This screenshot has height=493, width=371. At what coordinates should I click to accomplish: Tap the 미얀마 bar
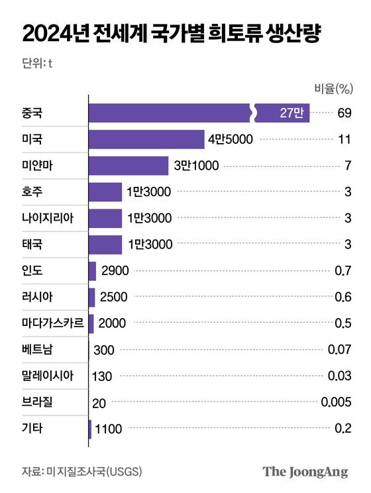[x=129, y=166]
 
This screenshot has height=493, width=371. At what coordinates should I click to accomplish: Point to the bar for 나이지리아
[x=105, y=218]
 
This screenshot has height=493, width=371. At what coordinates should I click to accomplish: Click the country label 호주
[x=33, y=192]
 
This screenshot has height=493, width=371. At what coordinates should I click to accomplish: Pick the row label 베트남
[x=38, y=349]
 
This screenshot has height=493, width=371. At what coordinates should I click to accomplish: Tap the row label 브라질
[x=38, y=402]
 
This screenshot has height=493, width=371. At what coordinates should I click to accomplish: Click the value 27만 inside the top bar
[x=291, y=113]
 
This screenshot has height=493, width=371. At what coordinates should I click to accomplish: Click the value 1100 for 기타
[x=109, y=428]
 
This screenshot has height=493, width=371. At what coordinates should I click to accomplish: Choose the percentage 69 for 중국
[x=343, y=113]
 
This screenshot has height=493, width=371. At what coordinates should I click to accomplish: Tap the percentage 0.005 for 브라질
[x=335, y=402]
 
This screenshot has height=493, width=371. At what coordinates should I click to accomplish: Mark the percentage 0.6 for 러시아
[x=343, y=297]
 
